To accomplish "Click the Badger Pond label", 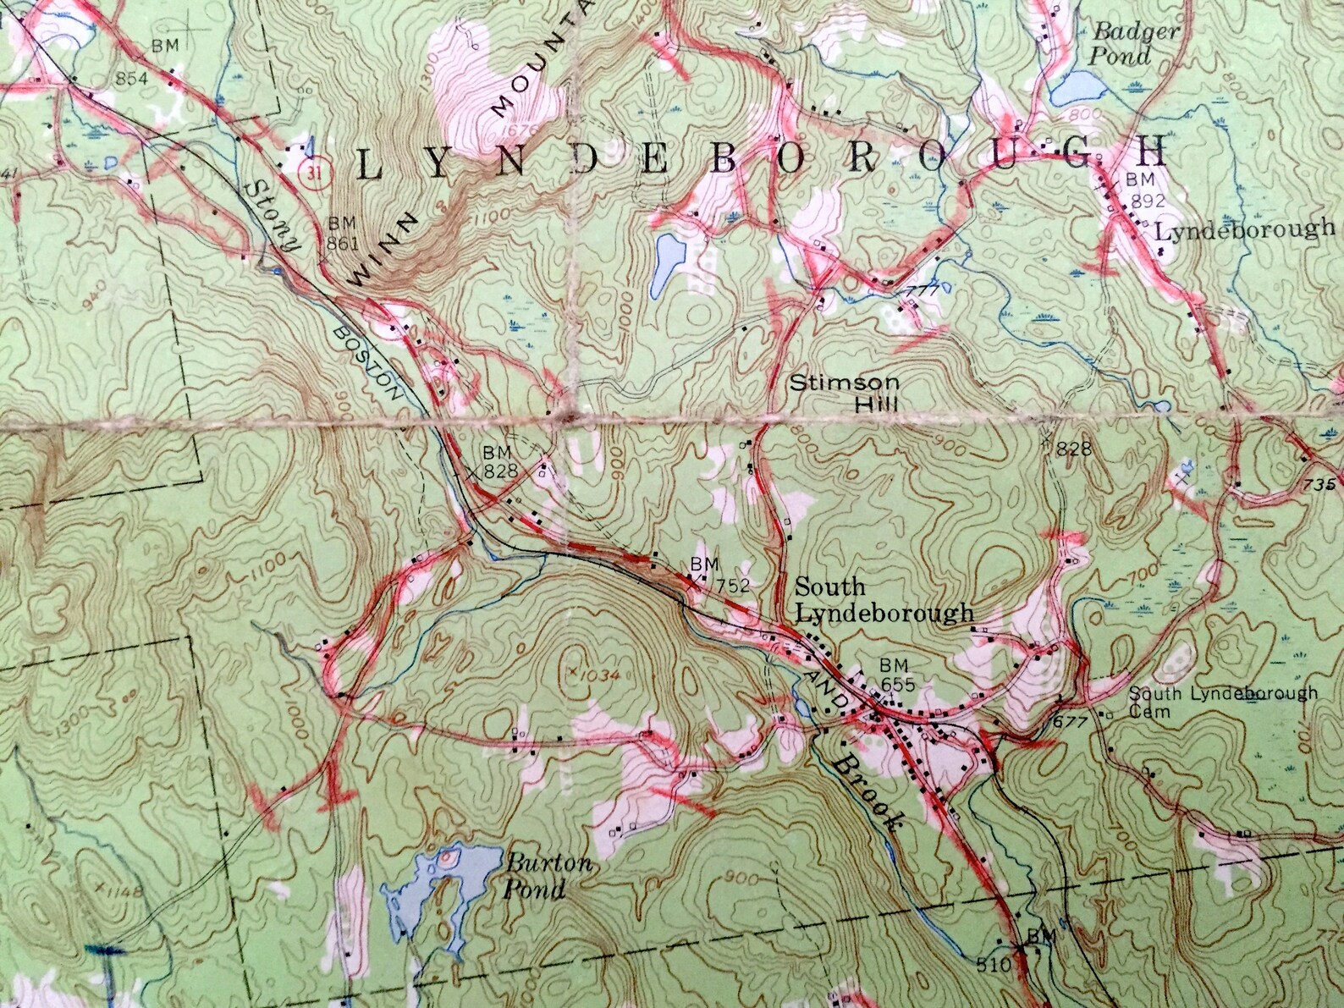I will [1123, 43].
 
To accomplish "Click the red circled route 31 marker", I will [316, 170].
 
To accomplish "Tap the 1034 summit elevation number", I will [603, 675].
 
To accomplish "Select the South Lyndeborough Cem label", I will [1223, 702].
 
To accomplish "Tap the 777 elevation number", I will [917, 290].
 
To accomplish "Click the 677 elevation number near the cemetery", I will [1069, 722].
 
